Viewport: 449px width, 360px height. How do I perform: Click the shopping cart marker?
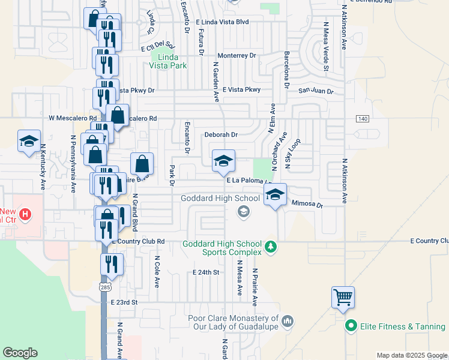tap(343, 297)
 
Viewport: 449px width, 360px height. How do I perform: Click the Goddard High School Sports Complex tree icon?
tap(271, 246)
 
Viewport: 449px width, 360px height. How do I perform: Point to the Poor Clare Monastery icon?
tap(287, 322)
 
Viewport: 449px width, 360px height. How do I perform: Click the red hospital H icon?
tap(25, 214)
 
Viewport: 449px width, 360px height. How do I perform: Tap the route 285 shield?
tap(105, 289)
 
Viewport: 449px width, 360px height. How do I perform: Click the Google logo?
tap(20, 353)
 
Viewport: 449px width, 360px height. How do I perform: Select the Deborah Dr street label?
tap(221, 135)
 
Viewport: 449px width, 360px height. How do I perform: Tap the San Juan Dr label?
tap(316, 91)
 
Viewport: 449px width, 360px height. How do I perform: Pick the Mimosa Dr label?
tap(307, 205)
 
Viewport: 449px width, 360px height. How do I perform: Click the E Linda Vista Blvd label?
tap(222, 22)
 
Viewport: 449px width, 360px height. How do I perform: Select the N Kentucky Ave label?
tap(43, 168)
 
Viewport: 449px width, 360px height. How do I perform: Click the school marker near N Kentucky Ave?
tap(29, 142)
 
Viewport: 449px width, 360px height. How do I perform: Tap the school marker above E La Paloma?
tap(223, 161)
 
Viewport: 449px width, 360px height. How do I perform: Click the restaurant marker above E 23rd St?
tap(112, 264)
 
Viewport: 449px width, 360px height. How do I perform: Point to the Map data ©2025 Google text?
tap(411, 355)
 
